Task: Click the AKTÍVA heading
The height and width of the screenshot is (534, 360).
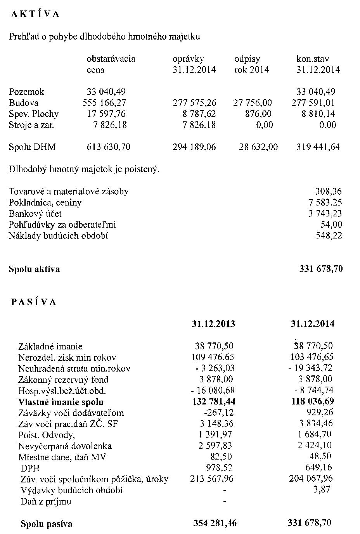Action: pos(35,14)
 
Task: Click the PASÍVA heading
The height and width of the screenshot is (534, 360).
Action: pos(34,302)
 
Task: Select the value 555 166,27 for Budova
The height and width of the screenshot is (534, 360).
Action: pos(104,103)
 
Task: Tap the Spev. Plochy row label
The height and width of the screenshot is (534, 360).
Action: pos(34,114)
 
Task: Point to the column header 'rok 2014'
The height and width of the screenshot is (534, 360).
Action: pos(251,70)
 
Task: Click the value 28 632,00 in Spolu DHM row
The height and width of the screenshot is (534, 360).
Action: pos(258,147)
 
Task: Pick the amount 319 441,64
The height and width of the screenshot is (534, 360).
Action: pos(318,147)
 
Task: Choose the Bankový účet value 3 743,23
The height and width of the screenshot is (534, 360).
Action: pos(325,214)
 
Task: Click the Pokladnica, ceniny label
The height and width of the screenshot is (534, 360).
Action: pos(45,202)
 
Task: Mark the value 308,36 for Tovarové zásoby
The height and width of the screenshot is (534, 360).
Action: pos(329,192)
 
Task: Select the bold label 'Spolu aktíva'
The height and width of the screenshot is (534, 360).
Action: pos(34,269)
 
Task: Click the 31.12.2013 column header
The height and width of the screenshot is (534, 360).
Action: pos(213,324)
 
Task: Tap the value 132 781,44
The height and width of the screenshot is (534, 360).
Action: pos(214,402)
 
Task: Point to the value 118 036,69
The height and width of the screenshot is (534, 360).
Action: pos(312,401)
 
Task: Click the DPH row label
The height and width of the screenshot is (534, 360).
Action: pos(30,468)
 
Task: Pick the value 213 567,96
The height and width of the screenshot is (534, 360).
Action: pos(212,479)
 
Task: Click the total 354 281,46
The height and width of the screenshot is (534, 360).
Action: pos(215,524)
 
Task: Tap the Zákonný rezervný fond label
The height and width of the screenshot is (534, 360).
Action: pos(63,380)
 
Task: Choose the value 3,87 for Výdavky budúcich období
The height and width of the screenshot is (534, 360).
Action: pos(322,490)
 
